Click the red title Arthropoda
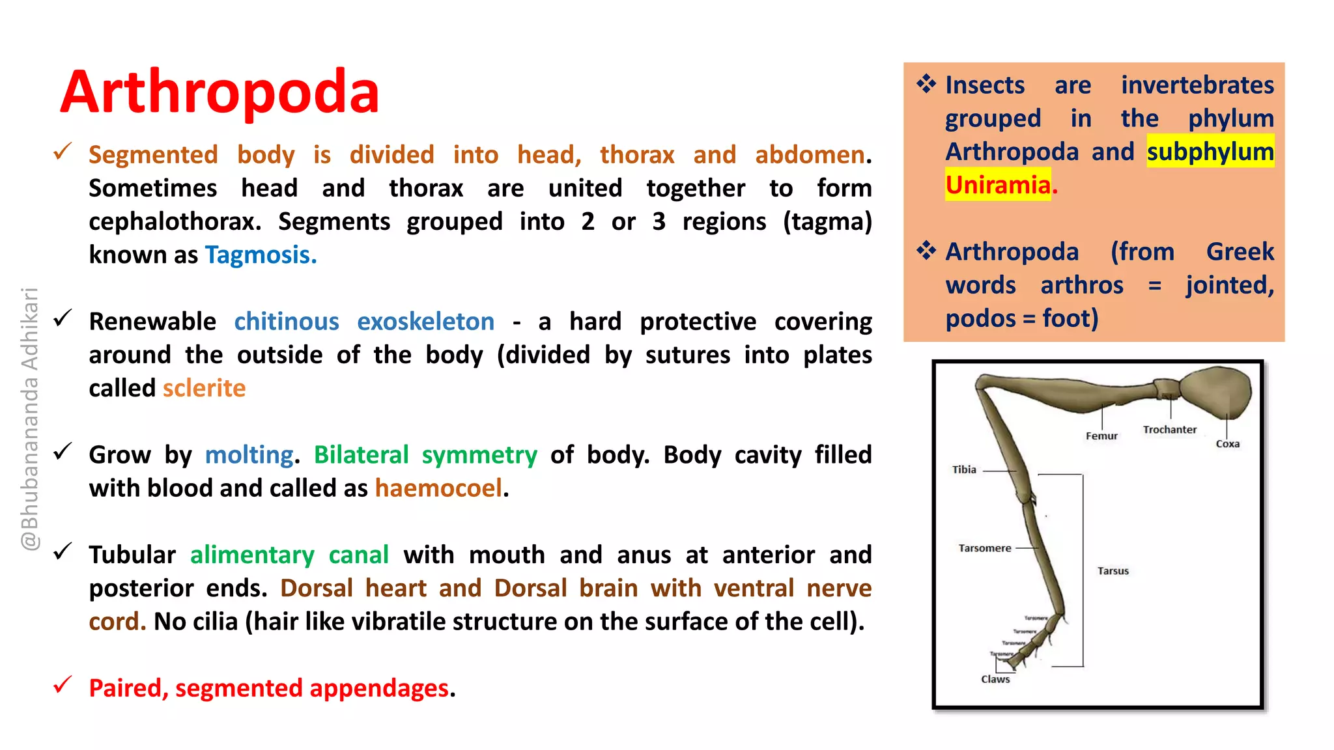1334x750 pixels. pyautogui.click(x=220, y=92)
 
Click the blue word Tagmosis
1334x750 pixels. pyautogui.click(x=261, y=255)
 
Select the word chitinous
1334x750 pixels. pyautogui.click(x=287, y=322)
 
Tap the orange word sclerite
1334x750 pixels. pyautogui.click(x=204, y=389)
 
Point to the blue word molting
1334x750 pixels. pyautogui.click(x=249, y=455)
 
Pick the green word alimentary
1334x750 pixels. pyautogui.click(x=252, y=555)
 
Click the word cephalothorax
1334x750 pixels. pyautogui.click(x=175, y=222)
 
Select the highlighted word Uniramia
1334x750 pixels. pyautogui.click(x=998, y=186)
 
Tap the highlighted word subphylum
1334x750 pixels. pyautogui.click(x=1210, y=152)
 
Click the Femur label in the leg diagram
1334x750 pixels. pyautogui.click(x=1101, y=436)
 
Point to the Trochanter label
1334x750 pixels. pyautogui.click(x=1170, y=430)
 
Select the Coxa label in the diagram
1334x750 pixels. pyautogui.click(x=1228, y=444)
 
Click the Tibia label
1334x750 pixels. pyautogui.click(x=964, y=469)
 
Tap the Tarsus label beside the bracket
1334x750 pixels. pyautogui.click(x=1113, y=571)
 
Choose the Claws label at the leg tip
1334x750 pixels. pyautogui.click(x=995, y=679)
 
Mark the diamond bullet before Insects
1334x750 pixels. pyautogui.click(x=926, y=84)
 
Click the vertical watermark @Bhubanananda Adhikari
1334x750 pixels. pyautogui.click(x=30, y=419)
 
